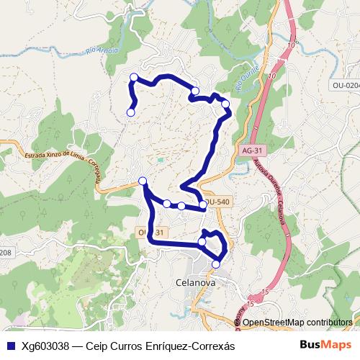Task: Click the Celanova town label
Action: pos(195,283)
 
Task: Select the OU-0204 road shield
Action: pos(345,85)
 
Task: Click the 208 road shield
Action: pos(6,252)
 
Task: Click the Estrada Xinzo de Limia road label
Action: pos(50,153)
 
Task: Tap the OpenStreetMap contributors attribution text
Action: pos(297,322)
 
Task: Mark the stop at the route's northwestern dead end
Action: pos(131,112)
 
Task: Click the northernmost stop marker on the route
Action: pos(133,77)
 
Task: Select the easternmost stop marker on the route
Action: pos(225,104)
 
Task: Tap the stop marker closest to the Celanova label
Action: pos(215,265)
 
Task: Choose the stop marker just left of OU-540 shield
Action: pos(203,204)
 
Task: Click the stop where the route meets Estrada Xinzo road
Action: pos(143,181)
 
